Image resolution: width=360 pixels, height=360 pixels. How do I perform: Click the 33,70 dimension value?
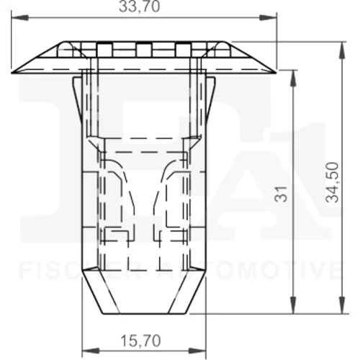click(x=140, y=6)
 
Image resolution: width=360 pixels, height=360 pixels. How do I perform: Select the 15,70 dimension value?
click(x=140, y=341)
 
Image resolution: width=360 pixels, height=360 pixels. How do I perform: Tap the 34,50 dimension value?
click(x=333, y=182)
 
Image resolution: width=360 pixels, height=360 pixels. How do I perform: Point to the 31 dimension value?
click(x=281, y=194)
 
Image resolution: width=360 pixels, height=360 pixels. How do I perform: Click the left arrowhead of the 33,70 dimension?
click(x=19, y=17)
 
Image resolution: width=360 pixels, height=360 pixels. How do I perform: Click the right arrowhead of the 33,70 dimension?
click(x=268, y=17)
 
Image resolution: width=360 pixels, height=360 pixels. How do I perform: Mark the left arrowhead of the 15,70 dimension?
click(x=91, y=351)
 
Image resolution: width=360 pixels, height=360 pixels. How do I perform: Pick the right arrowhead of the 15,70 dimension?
click(x=197, y=351)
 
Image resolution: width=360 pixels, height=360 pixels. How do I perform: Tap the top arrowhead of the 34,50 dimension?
click(x=342, y=50)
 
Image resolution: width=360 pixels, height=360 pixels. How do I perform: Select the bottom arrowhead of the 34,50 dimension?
click(x=342, y=305)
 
